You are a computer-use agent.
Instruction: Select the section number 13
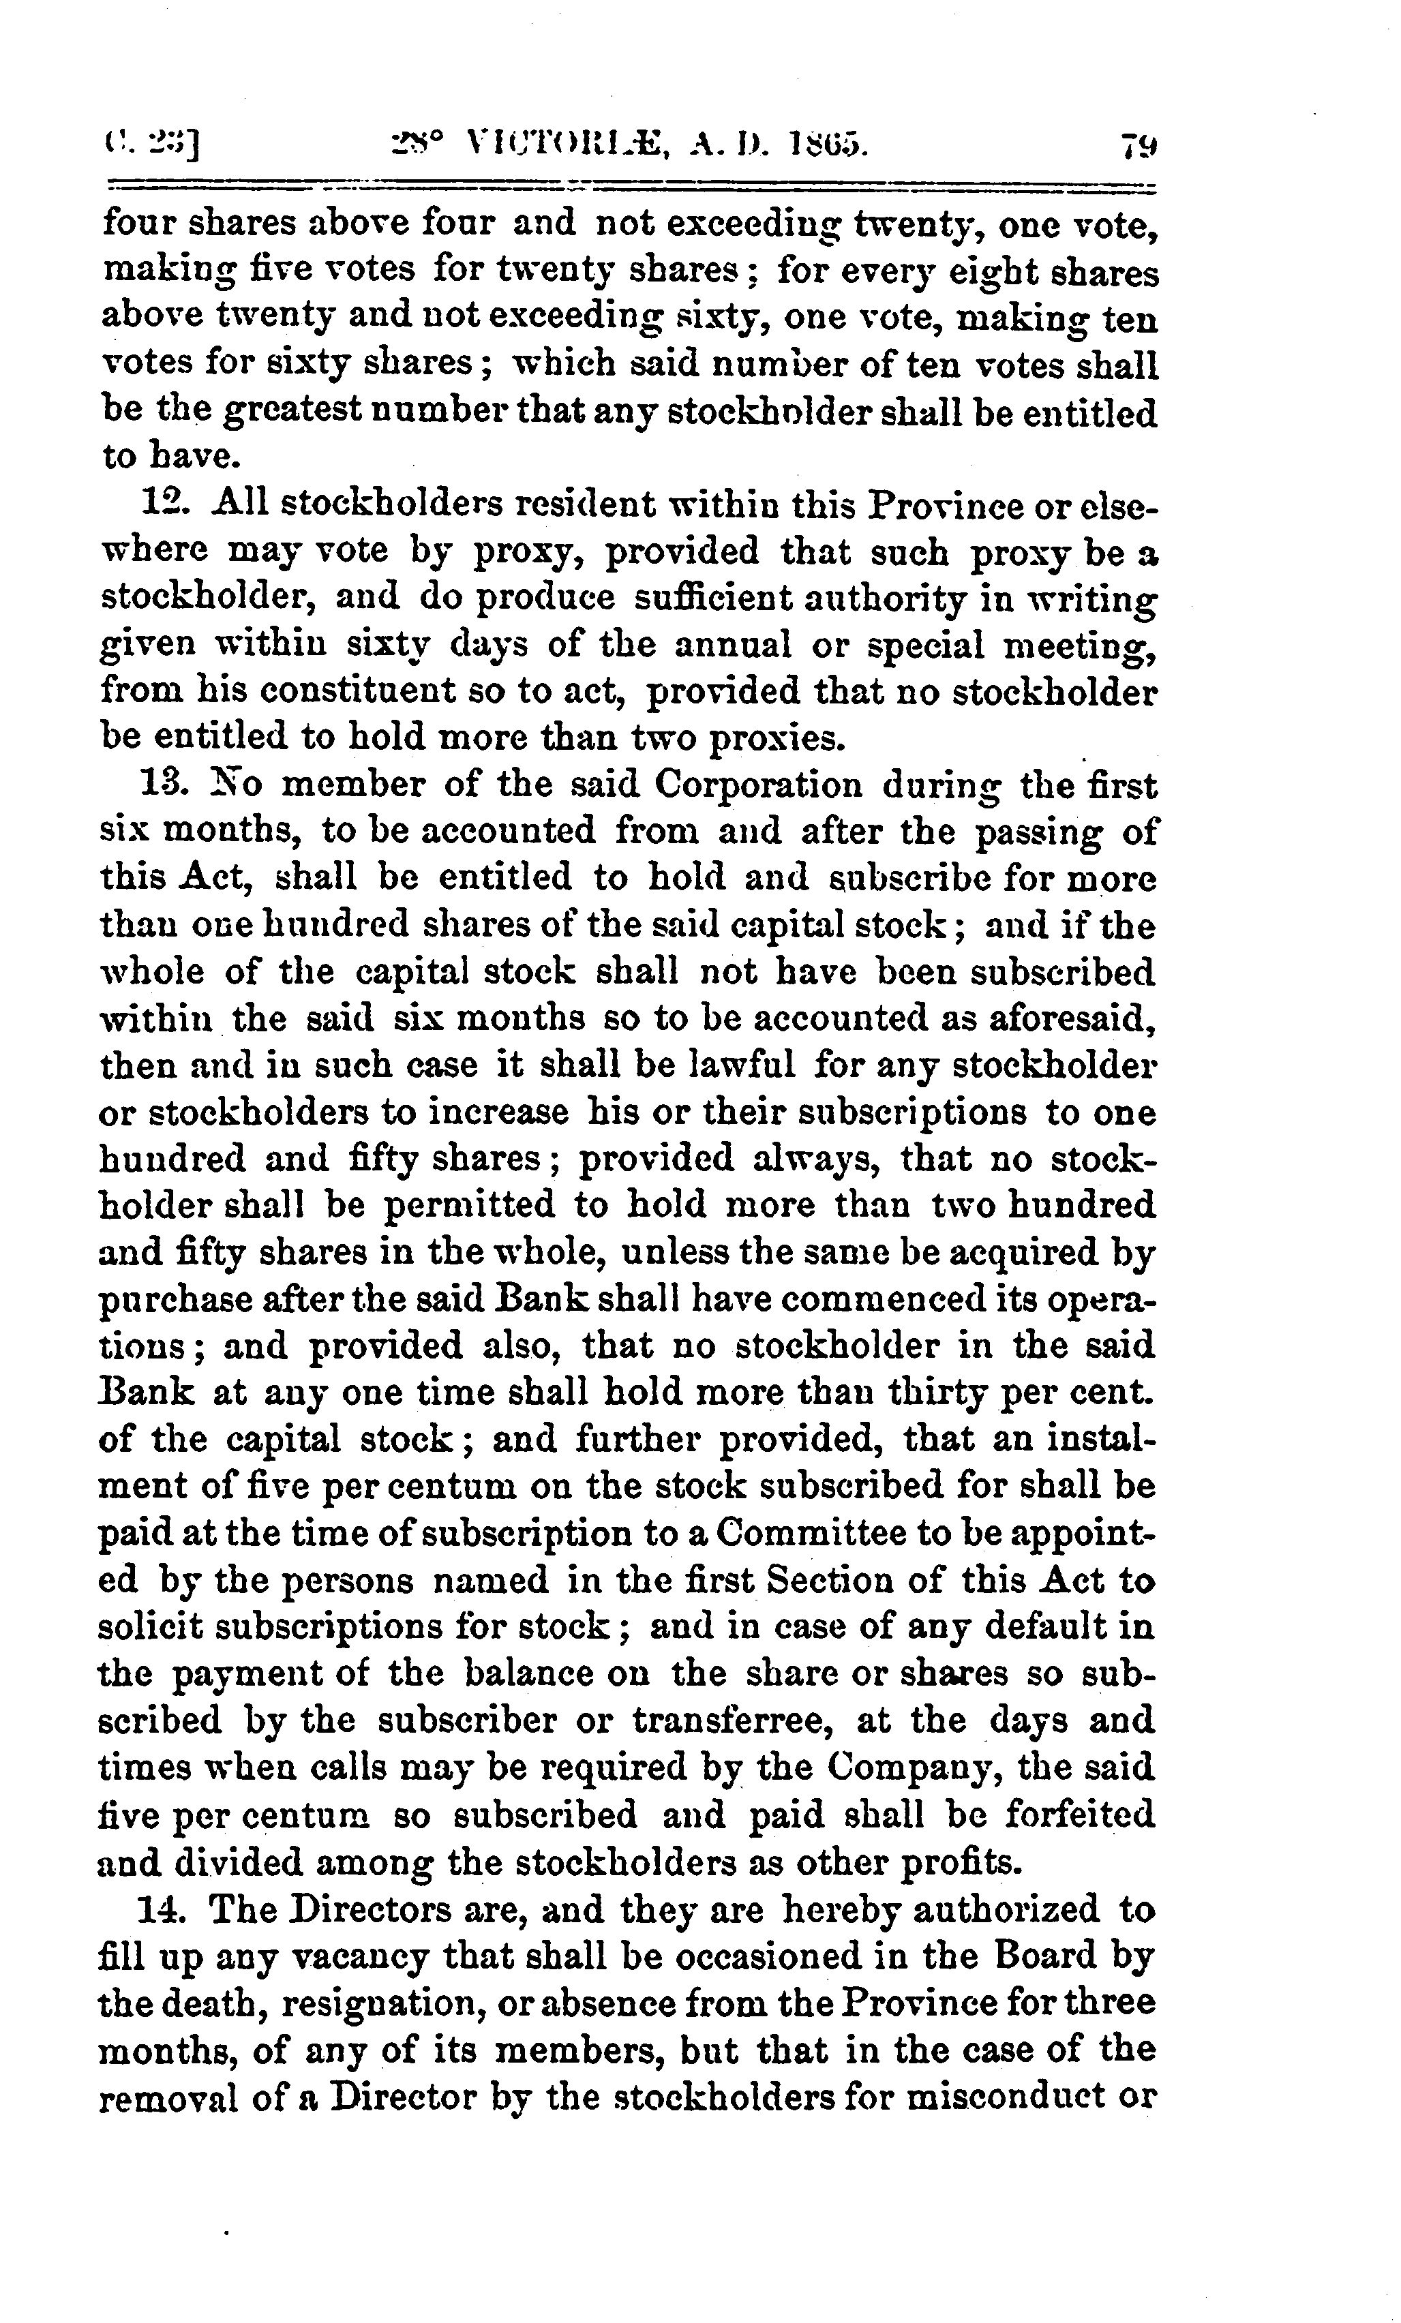[160, 785]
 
